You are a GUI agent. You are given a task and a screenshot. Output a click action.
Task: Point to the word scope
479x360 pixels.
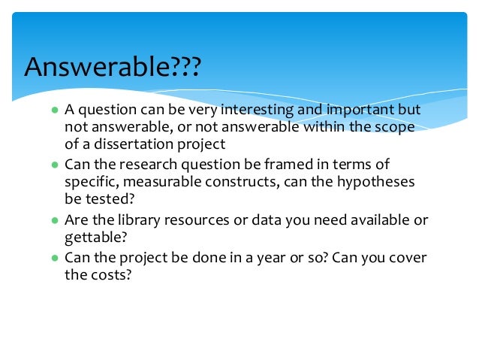click(404, 127)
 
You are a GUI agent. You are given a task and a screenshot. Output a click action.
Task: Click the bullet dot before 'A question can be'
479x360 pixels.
click(55, 110)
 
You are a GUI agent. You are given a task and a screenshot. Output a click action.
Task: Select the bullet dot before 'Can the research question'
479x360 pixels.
click(55, 165)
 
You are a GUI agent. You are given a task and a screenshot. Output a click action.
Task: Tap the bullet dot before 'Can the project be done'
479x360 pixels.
click(55, 258)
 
